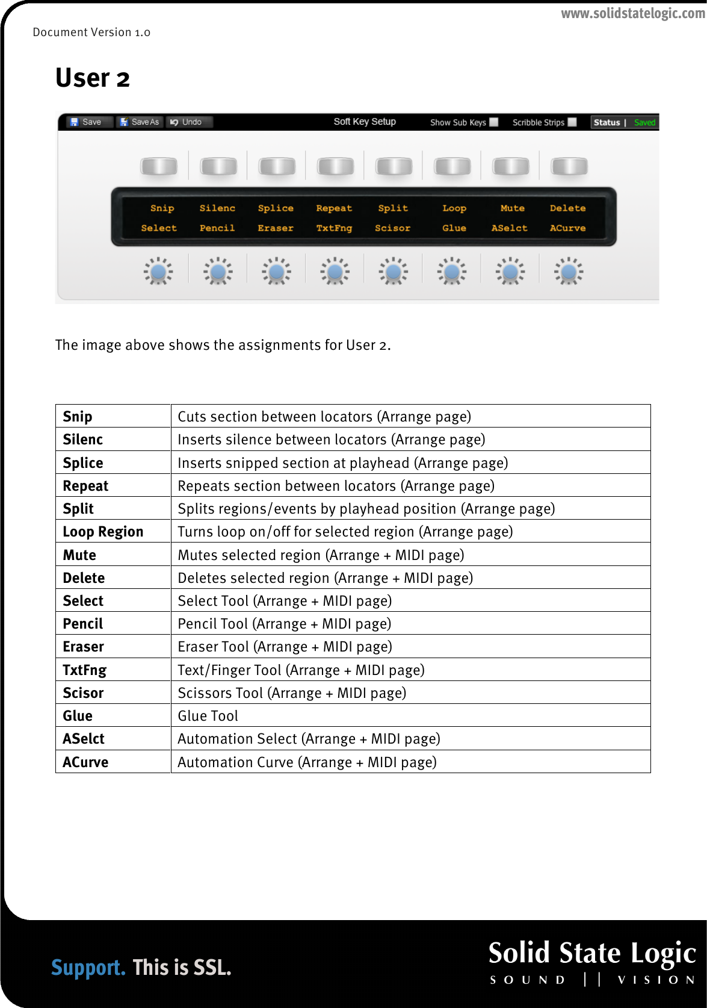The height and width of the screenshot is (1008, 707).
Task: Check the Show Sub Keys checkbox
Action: coord(494,122)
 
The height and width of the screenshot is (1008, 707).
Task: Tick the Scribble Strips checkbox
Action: coord(572,122)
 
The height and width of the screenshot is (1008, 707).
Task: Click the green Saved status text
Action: coord(644,123)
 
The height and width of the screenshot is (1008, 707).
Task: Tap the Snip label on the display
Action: coord(162,208)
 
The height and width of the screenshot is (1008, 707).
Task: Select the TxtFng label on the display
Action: coord(334,228)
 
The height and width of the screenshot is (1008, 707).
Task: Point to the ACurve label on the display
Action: coord(567,228)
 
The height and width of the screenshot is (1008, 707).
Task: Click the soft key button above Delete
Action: coord(569,166)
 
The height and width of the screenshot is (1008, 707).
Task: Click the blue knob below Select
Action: coord(158,272)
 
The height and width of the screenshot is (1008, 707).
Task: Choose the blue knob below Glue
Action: coord(451,272)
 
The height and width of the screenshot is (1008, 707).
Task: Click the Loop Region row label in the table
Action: coord(103,532)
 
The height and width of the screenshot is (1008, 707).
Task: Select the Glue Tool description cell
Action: coord(208,716)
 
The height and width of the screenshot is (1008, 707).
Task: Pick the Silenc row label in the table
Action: coord(83,440)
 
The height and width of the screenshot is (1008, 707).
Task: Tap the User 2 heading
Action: coord(93,78)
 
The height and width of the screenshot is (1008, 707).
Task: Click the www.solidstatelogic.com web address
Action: coord(633,13)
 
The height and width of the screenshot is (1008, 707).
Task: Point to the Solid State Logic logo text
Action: coord(592,953)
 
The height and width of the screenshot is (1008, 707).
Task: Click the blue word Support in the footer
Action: coord(88,968)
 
